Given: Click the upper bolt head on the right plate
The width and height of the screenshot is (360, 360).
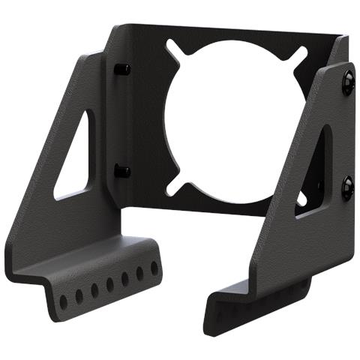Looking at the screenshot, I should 347,82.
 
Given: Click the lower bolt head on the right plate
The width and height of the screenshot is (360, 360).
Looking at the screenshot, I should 346,187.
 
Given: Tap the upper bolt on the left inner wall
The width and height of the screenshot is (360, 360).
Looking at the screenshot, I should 122,69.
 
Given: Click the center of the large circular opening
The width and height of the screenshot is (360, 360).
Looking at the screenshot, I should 234,121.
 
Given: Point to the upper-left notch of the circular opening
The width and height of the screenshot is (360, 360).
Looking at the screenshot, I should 175,51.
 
